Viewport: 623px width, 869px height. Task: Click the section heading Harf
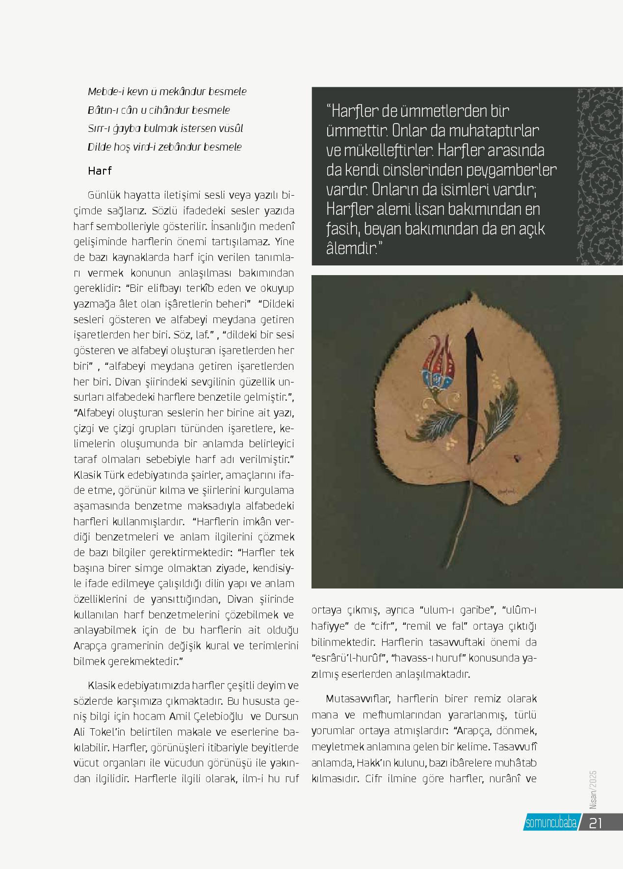(x=100, y=171)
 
